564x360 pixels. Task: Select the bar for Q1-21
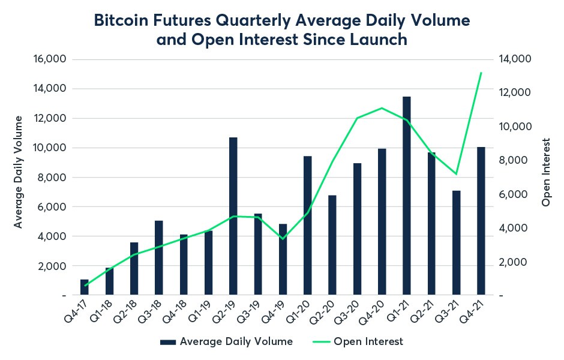pyautogui.click(x=407, y=196)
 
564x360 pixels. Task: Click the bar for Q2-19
pyautogui.click(x=233, y=216)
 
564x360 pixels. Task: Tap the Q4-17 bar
pyautogui.click(x=85, y=287)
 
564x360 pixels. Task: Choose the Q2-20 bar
pyautogui.click(x=332, y=245)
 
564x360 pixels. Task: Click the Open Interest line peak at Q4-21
pyautogui.click(x=481, y=73)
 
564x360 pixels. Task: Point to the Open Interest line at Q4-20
pyautogui.click(x=382, y=108)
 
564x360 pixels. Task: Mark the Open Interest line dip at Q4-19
pyautogui.click(x=283, y=239)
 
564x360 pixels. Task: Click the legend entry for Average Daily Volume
pyautogui.click(x=226, y=341)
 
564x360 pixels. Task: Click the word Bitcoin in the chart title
pyautogui.click(x=124, y=22)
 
